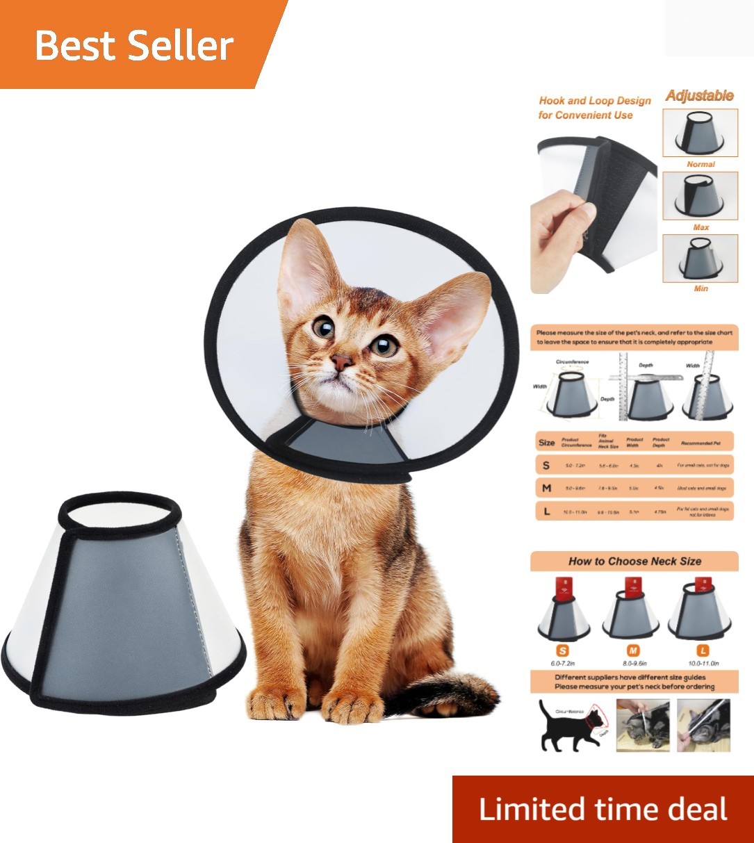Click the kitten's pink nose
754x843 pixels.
point(341,361)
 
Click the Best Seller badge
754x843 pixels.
point(134,46)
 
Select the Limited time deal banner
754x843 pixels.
point(603,810)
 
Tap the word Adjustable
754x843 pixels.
point(699,96)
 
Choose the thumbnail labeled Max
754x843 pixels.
point(700,196)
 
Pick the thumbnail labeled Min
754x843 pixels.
point(700,259)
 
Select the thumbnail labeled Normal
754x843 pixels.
point(700,133)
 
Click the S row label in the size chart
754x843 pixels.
point(546,466)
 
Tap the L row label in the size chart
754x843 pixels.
point(547,511)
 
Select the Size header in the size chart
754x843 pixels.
point(546,443)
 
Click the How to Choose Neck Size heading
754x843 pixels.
point(634,562)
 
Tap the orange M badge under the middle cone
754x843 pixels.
point(633,651)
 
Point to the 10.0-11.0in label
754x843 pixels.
point(703,664)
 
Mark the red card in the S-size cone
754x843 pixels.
point(564,589)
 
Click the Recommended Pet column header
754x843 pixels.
point(705,443)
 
